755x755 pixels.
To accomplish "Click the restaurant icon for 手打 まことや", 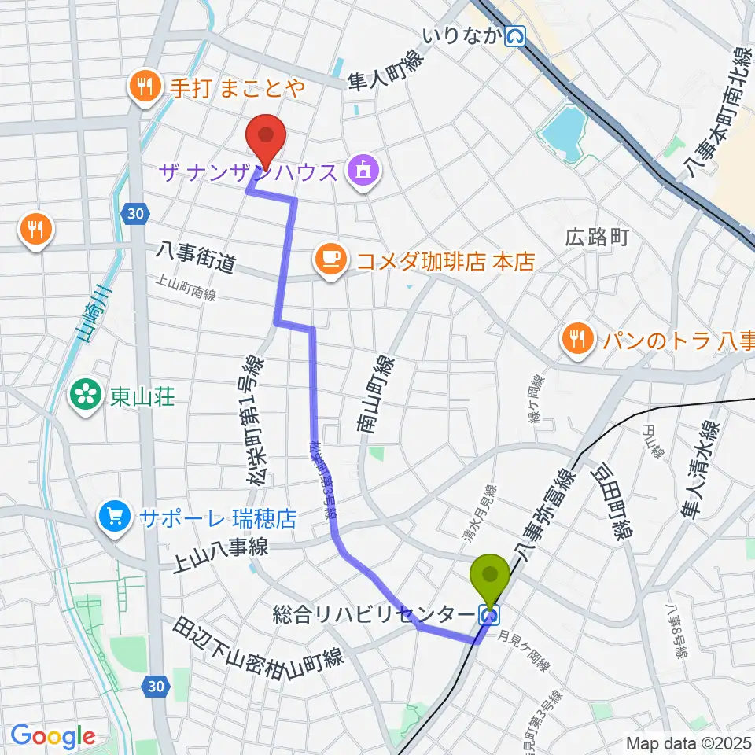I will (143, 84).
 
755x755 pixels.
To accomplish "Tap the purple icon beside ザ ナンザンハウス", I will (363, 170).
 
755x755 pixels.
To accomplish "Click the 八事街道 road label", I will (197, 258).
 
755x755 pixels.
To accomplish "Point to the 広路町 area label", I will (597, 238).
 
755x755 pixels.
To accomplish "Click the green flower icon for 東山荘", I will (84, 394).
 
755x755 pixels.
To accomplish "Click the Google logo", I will (53, 737).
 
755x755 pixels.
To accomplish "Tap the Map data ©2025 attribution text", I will (689, 742).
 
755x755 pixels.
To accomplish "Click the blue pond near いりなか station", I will (565, 131).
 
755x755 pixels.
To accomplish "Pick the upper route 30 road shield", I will (134, 212).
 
